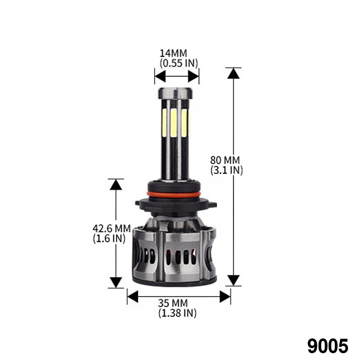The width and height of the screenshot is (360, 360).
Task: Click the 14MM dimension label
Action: [x=173, y=53]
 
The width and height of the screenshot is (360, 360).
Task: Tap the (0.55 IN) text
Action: [x=179, y=63]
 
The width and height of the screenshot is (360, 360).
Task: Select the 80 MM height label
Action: [x=225, y=160]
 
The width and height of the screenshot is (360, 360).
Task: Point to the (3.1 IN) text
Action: [x=227, y=170]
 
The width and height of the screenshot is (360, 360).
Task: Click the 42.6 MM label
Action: [x=111, y=228]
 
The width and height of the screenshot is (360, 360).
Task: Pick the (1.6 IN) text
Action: [x=109, y=238]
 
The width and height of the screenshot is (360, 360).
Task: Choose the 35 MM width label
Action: [x=173, y=303]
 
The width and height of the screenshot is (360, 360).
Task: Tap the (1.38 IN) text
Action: [x=177, y=313]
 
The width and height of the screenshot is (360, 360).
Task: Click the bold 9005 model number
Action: [x=328, y=346]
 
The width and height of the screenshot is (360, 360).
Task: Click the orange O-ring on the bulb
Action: [x=176, y=195]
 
